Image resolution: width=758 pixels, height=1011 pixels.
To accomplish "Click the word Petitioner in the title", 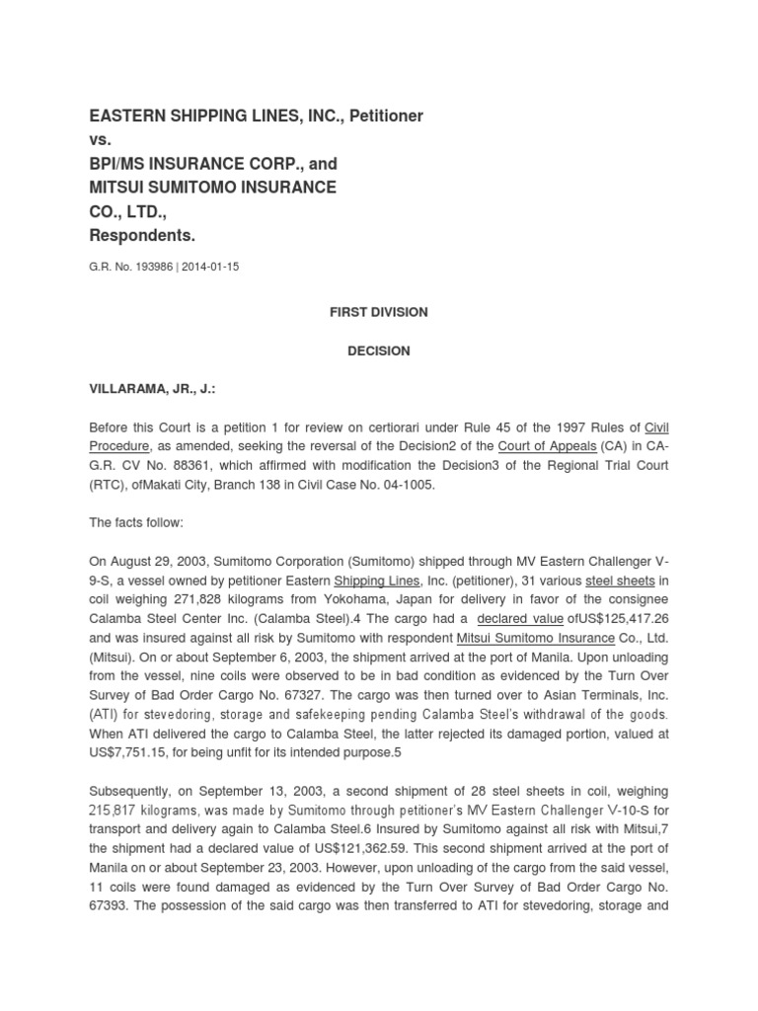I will point(383,117).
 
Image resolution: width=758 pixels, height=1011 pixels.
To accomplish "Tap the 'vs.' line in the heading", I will point(100,140).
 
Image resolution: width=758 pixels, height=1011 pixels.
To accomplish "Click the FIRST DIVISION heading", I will point(378,312).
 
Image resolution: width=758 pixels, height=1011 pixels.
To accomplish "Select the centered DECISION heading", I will point(378,350).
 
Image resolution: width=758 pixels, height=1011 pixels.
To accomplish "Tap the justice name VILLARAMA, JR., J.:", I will point(152,390).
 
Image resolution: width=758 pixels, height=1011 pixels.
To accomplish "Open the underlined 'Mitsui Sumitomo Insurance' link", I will point(526,637).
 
